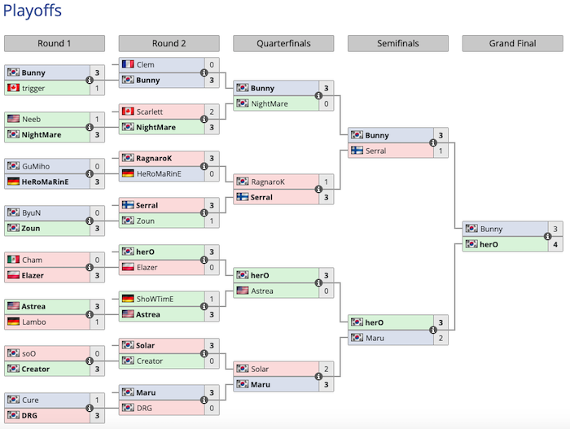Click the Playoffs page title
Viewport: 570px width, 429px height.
[32, 11]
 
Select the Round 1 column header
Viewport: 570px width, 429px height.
[55, 44]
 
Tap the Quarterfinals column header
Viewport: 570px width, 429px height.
[283, 44]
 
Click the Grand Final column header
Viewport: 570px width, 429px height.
[512, 44]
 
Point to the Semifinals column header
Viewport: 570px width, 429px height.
[397, 44]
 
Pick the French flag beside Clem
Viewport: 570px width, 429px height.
[128, 64]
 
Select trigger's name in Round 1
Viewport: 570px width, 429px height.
[33, 88]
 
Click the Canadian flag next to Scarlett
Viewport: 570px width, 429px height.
[128, 112]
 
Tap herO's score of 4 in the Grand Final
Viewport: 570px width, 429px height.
[555, 244]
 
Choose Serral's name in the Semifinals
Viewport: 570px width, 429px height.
[377, 151]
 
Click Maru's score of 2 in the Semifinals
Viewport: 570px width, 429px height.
[441, 338]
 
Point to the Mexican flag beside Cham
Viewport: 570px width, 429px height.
[13, 260]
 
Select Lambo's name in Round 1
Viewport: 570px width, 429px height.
[33, 322]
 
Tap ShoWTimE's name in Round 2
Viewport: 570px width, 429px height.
[155, 299]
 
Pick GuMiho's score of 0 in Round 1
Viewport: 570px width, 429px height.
[98, 166]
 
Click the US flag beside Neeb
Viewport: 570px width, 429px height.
[13, 119]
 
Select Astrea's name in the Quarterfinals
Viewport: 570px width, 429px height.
[262, 291]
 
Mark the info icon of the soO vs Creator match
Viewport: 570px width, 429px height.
[90, 361]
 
